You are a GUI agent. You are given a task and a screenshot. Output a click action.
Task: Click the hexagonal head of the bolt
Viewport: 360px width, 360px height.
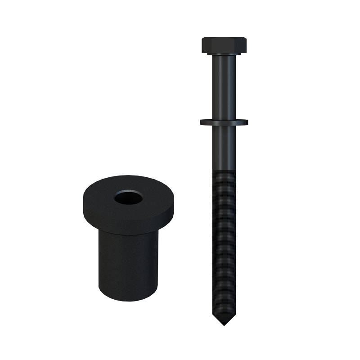(224, 46)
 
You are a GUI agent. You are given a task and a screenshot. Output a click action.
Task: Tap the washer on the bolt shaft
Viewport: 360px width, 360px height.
(224, 122)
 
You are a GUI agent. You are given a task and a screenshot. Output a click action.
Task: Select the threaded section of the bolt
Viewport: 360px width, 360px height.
(224, 243)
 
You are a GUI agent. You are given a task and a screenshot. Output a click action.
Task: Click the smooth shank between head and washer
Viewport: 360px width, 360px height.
(224, 85)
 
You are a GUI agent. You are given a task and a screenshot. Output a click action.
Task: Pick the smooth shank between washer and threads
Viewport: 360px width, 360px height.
(224, 146)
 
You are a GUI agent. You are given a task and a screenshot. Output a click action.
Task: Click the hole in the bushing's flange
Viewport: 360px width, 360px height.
(128, 197)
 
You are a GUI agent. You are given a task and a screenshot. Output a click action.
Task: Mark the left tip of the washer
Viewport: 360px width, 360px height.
(202, 121)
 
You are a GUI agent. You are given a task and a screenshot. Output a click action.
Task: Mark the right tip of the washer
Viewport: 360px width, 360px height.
(247, 121)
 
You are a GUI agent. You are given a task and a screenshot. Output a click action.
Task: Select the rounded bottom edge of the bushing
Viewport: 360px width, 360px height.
(128, 298)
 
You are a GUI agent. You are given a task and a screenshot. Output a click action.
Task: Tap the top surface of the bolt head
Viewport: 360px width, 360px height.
(224, 39)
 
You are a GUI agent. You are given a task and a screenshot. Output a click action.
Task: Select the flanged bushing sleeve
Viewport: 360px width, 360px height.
(128, 234)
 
